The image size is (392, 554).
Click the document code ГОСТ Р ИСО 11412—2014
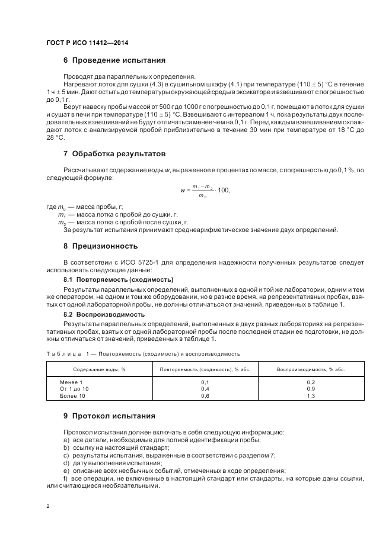(x=87, y=43)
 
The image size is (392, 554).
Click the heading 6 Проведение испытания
(x=114, y=60)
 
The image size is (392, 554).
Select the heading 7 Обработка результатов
(x=114, y=153)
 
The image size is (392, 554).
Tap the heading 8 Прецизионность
(x=100, y=246)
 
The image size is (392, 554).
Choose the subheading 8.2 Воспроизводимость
(x=104, y=314)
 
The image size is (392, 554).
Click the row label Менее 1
(x=71, y=382)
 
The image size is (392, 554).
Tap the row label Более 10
(x=71, y=395)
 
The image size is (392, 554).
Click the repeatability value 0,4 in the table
(x=205, y=389)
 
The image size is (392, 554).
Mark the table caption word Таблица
(x=64, y=353)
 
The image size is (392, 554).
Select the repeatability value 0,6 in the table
(x=205, y=395)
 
